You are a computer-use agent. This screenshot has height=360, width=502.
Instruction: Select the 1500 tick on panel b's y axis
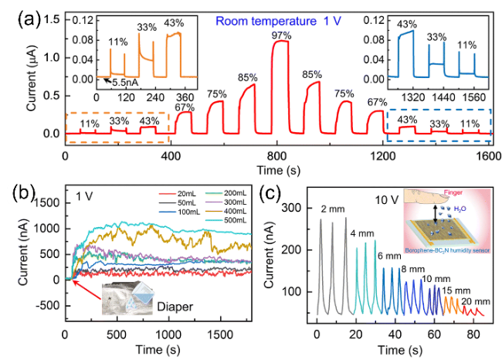pyautogui.click(x=47, y=202)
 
